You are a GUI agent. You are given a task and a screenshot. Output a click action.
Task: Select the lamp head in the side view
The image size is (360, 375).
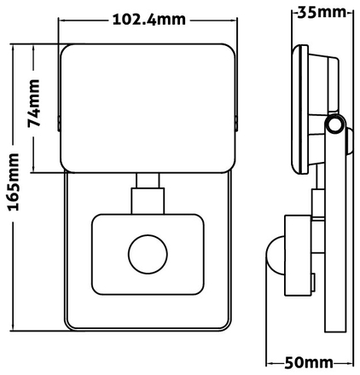point(300,106)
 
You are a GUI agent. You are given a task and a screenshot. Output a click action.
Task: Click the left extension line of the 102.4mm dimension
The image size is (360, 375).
point(59,30)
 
